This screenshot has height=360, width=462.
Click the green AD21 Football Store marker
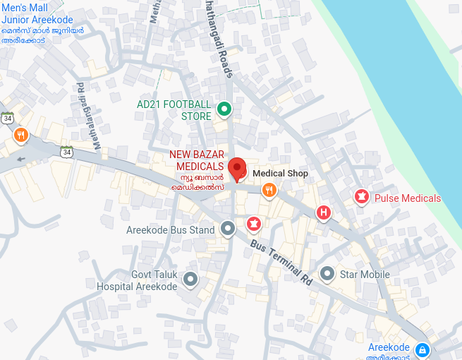coord(224,109)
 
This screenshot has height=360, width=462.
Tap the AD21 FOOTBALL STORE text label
coord(174,110)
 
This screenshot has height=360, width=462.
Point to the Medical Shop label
coord(280,173)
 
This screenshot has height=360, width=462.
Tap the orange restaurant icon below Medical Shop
coord(269,190)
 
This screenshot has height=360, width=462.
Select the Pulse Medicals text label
coord(407,198)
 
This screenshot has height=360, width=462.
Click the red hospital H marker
coord(323,212)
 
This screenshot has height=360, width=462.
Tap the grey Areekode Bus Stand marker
coord(228,228)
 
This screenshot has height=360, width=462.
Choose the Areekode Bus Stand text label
coord(170,230)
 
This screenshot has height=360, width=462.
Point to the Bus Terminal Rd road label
coord(281,260)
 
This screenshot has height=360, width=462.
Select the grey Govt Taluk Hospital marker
coord(190,280)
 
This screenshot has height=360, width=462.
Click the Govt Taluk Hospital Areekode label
coord(137,281)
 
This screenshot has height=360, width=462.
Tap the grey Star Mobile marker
coord(327,273)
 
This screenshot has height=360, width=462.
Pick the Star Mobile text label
coord(365,275)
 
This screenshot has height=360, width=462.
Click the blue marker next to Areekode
coord(422,349)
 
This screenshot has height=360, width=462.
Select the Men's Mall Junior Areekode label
coord(37,20)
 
